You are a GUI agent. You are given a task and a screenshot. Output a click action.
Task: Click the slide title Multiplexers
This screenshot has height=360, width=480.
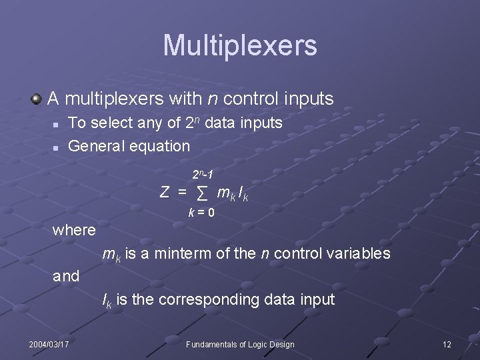240,46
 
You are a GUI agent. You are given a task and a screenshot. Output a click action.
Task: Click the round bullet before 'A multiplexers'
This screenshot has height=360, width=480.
36,99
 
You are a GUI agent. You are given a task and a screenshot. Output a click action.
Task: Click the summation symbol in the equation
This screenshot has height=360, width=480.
203,193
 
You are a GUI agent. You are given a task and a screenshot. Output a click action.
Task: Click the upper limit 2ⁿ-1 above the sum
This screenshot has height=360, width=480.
203,175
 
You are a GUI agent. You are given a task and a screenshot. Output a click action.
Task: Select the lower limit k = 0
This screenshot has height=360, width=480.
201,213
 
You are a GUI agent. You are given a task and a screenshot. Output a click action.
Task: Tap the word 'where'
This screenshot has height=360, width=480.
74,231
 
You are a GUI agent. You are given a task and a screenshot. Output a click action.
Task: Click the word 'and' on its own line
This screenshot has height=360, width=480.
66,276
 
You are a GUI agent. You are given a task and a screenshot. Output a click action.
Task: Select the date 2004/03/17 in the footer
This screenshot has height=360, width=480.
49,344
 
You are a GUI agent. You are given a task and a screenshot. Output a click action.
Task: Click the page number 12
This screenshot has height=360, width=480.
447,344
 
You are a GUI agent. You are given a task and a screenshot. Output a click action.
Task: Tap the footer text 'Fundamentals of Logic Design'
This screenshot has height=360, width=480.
240,344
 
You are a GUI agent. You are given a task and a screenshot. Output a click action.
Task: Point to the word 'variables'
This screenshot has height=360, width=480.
359,254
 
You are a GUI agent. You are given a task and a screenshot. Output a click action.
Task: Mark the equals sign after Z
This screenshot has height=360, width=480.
181,193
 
